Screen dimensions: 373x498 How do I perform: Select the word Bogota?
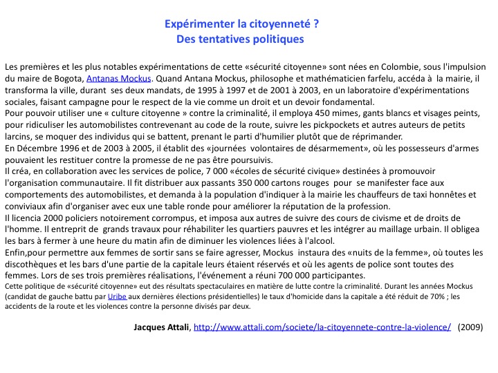(x=64, y=79)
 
